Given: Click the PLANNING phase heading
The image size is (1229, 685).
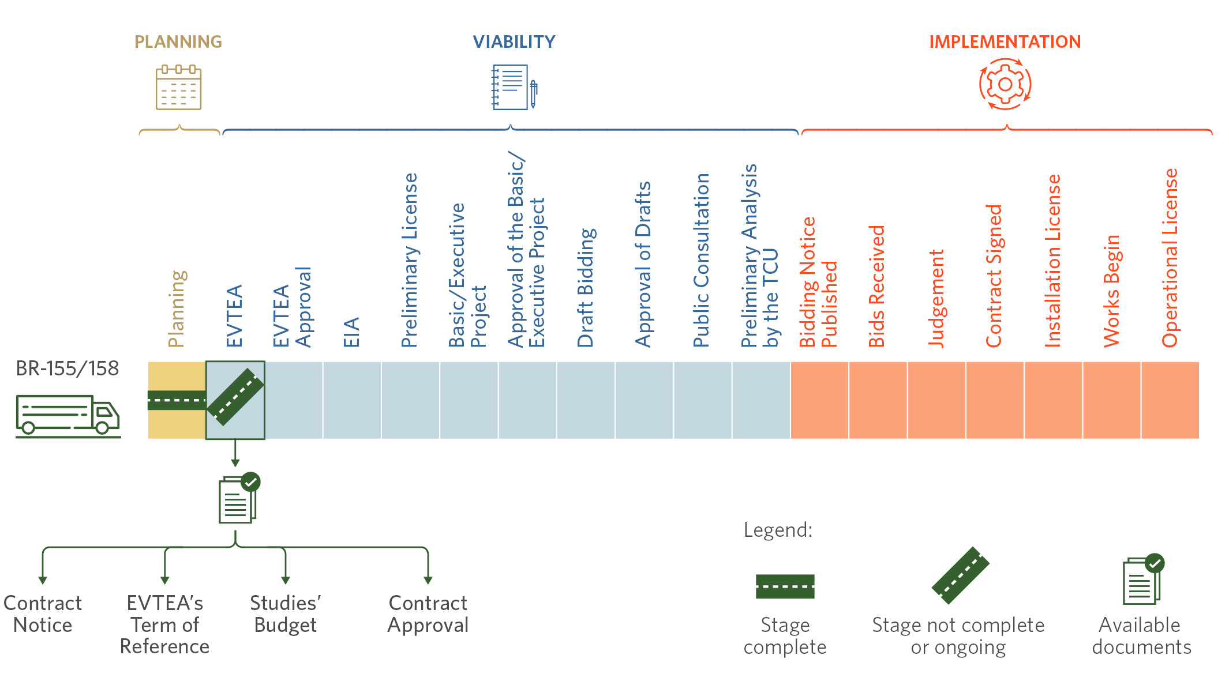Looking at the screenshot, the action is coord(178,42).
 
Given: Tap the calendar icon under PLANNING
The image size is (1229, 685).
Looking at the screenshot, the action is coord(178,88).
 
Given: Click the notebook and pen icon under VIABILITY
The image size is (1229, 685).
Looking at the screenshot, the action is coord(514,87).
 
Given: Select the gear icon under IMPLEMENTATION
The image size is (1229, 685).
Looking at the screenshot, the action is coord(1005,84).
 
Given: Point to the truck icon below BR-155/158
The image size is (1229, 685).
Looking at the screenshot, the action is coord(68,416).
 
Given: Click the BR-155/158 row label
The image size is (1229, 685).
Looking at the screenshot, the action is coord(68,368).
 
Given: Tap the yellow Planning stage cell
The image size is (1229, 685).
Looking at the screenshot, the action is coord(177,400).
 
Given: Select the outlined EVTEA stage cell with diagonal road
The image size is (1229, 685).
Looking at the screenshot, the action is coord(235,400).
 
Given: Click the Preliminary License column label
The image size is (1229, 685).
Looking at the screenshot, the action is coord(409,260).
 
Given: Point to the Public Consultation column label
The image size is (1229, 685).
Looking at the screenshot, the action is coord(701,260).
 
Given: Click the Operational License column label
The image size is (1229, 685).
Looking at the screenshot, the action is coord(1170,258).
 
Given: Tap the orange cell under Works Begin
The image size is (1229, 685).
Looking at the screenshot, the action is coord(1112,400).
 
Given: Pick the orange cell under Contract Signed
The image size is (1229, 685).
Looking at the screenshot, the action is coord(995,400).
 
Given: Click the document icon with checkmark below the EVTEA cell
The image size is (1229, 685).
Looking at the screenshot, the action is coord(239,498).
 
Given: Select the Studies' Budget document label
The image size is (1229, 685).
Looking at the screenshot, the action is coord(286,614).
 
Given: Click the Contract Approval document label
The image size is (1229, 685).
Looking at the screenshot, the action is coord(428,614).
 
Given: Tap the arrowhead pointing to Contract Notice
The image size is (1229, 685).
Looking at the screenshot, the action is coord(43,580).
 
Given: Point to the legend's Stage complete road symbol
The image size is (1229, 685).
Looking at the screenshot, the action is coord(785,586).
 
